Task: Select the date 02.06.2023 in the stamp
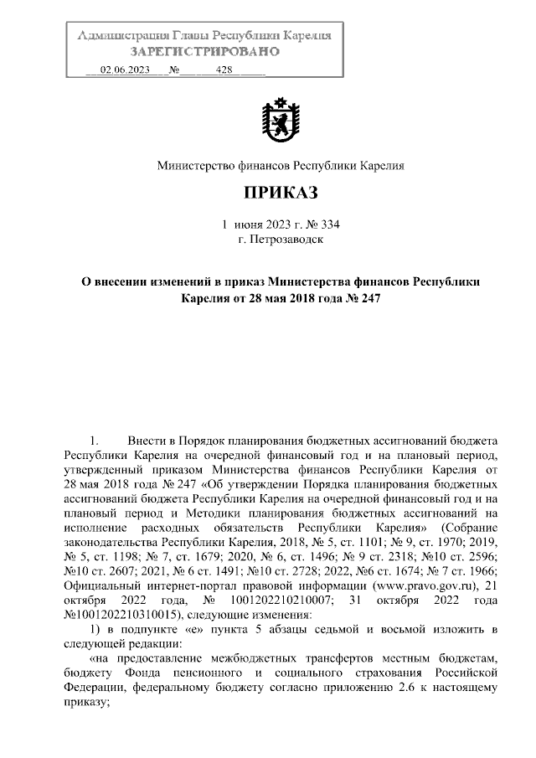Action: point(125,70)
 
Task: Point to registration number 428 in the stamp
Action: point(224,70)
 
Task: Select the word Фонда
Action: point(152,673)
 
